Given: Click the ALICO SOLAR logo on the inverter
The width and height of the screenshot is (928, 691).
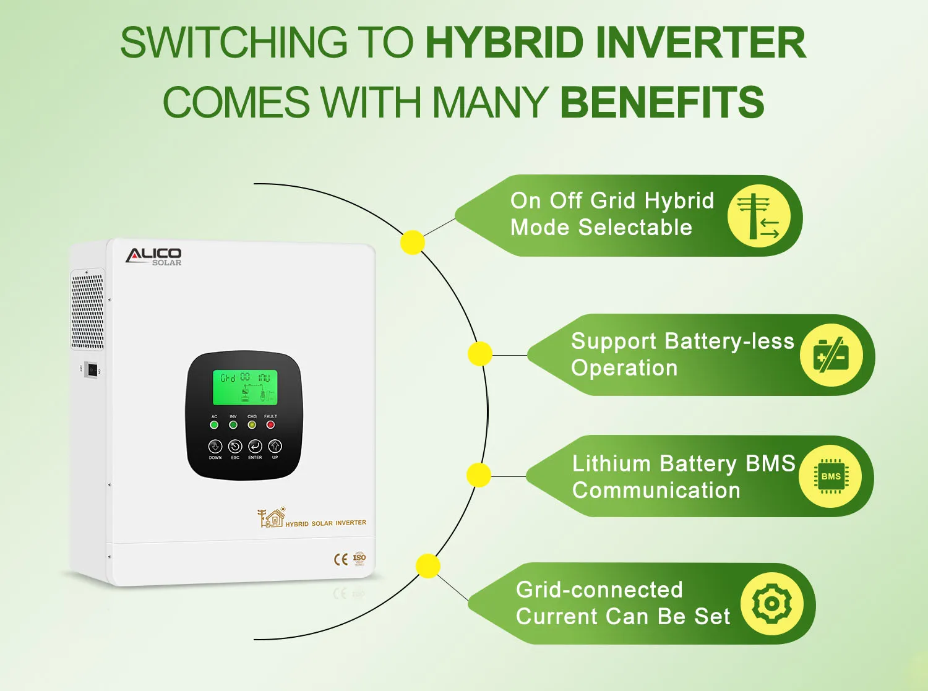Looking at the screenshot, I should tap(153, 256).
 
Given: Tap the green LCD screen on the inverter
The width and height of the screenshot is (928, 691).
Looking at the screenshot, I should tap(245, 387).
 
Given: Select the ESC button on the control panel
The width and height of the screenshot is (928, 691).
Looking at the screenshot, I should tap(235, 446).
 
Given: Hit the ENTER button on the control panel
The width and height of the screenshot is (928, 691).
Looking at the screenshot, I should tap(255, 446).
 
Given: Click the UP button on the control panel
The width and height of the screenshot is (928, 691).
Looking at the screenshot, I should tap(275, 446).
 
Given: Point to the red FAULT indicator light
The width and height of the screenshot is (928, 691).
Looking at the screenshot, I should tap(270, 425).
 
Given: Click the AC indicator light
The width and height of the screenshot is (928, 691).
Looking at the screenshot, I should tap(214, 425).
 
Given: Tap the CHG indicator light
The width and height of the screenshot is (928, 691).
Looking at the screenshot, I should tap(252, 425).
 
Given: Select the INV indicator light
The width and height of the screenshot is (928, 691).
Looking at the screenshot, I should tap(233, 425).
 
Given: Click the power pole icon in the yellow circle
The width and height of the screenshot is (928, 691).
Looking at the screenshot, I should tap(759, 216).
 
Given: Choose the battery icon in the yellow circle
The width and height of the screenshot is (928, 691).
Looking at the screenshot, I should tap(831, 355).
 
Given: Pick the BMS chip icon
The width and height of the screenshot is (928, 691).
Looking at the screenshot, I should tap(831, 476).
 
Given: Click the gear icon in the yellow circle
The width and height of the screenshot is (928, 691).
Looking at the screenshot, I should tap(771, 603).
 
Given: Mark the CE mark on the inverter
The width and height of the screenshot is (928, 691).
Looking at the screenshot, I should tap(341, 559).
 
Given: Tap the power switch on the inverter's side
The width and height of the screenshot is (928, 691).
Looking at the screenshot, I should tap(92, 370).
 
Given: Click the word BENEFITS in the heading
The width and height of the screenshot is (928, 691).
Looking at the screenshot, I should tap(662, 103).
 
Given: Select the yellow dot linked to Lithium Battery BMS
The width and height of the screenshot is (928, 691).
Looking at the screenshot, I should tap(478, 475).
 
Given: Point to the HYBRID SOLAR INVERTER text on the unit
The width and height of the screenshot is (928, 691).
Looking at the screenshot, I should tap(325, 523).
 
